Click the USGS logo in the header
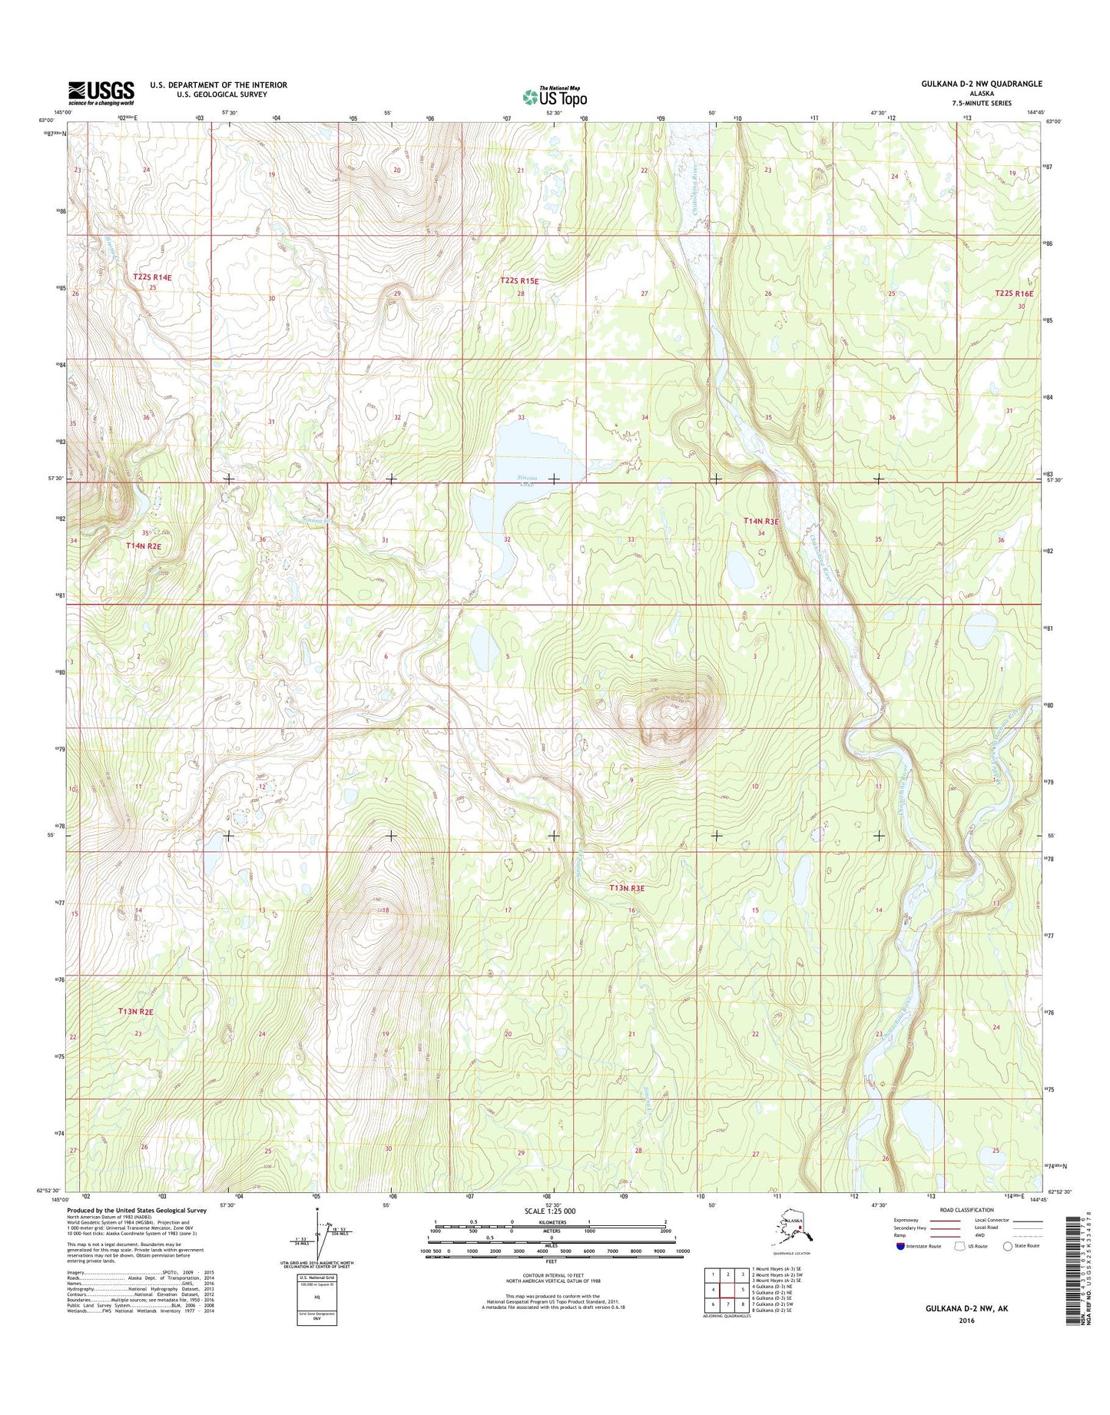click(101, 93)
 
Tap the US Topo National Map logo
click(555, 96)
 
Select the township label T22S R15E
click(520, 281)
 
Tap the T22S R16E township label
click(1014, 293)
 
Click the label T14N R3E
click(760, 522)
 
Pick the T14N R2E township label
click(144, 545)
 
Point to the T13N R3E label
click(626, 888)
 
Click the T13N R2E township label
click(136, 1012)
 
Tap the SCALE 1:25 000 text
click(550, 1211)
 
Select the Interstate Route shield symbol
click(900, 1246)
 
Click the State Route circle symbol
click(1007, 1246)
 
